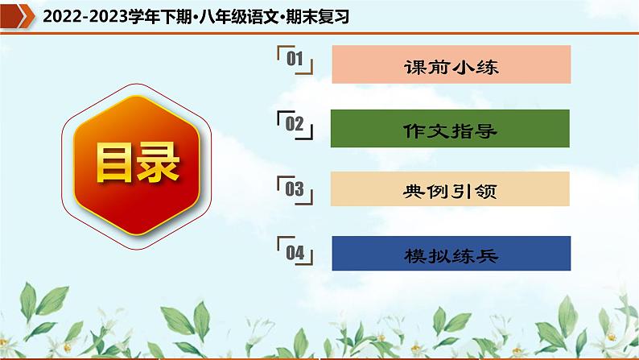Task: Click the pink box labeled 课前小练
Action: [x=451, y=65]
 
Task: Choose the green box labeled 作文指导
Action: [x=451, y=129]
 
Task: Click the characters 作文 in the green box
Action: [x=426, y=130]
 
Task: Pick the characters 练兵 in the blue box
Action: [x=476, y=254]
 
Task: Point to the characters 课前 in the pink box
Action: [x=426, y=66]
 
